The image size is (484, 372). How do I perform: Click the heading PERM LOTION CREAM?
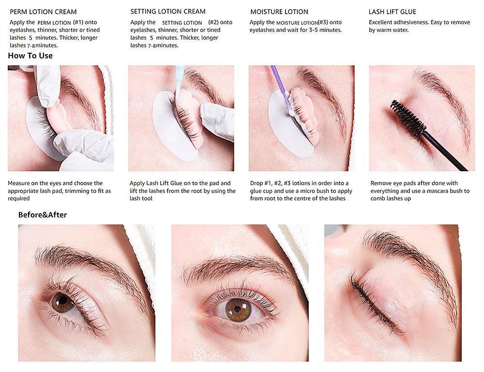43,12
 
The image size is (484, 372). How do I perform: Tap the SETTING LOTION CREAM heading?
168,12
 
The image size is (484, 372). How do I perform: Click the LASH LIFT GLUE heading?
392,12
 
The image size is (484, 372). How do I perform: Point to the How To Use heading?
30,56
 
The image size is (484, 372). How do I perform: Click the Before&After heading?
43,215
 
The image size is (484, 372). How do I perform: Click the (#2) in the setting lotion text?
213,22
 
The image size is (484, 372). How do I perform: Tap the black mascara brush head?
408,118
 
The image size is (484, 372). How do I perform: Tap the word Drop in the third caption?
257,183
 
